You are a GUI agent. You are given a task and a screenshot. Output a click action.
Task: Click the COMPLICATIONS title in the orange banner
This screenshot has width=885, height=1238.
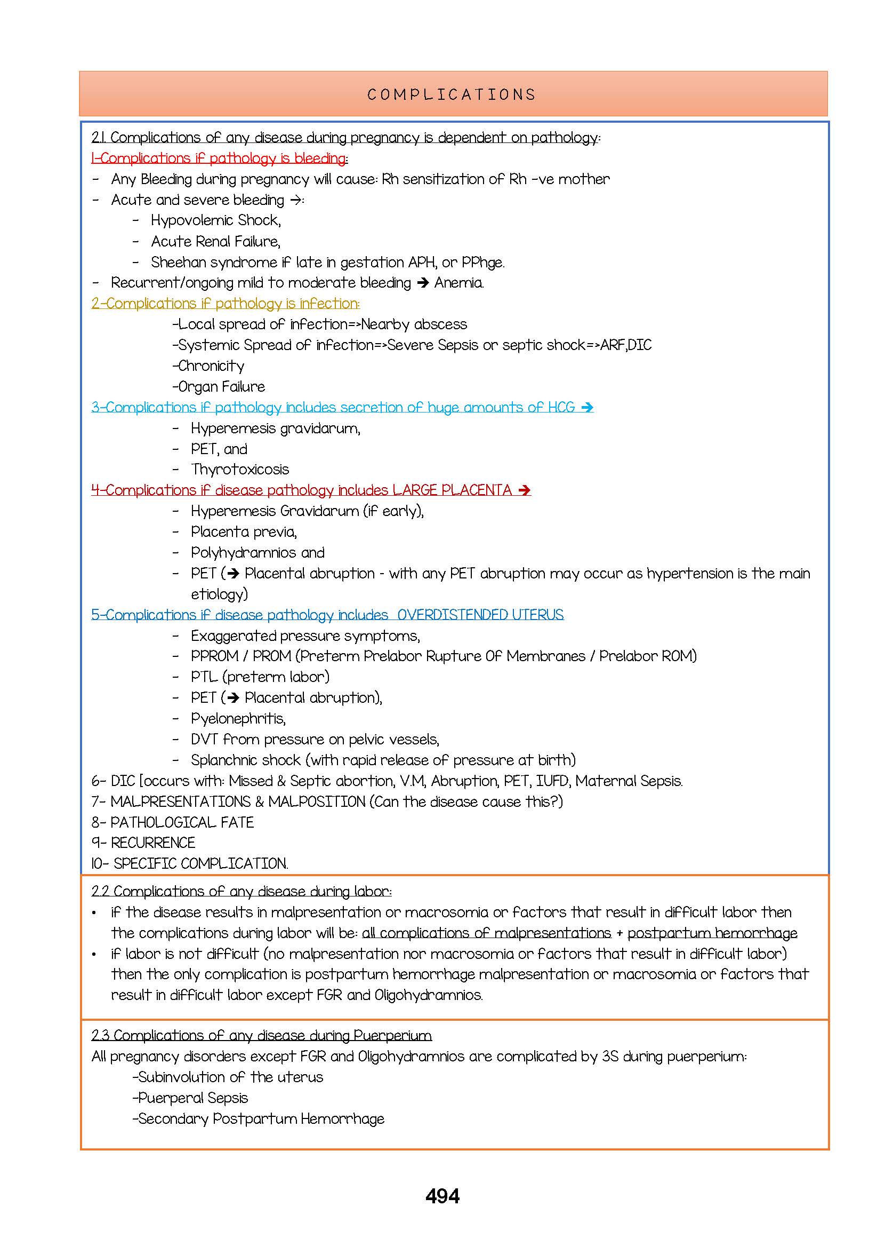point(452,95)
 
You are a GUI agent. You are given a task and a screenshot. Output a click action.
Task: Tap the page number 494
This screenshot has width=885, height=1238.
point(442,1196)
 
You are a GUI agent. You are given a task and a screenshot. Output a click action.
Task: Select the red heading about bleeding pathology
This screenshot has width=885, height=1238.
point(219,158)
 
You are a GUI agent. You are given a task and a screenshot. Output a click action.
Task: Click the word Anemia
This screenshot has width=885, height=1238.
point(458,283)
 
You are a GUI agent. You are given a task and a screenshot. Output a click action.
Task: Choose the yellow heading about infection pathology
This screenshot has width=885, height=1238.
point(225,304)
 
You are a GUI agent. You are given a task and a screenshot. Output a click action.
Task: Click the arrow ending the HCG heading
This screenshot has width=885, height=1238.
point(587,407)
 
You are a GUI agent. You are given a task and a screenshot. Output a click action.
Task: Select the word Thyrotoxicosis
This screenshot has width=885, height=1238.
point(240,470)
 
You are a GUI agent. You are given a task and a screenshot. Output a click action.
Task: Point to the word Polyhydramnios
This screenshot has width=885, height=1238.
point(243,553)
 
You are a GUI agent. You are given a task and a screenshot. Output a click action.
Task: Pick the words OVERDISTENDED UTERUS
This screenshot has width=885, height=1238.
point(480,615)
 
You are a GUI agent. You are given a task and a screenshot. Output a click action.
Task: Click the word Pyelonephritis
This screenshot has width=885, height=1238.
point(238,719)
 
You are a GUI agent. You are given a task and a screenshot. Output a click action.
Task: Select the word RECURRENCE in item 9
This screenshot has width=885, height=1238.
point(152,843)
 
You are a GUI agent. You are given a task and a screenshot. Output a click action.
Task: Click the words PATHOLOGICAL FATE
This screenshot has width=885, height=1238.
point(182,822)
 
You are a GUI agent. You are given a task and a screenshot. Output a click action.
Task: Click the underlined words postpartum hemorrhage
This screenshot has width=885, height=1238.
point(712,933)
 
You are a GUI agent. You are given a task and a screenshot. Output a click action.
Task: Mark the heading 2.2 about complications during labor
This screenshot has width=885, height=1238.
point(241,892)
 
